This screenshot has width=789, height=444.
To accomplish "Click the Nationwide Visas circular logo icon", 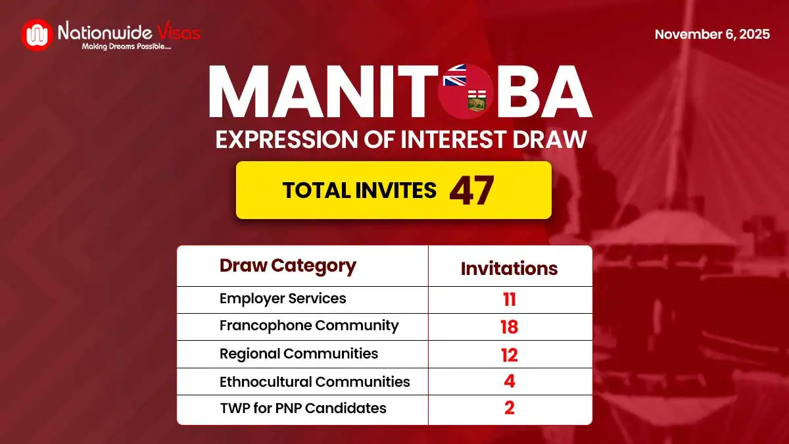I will [x=37, y=34].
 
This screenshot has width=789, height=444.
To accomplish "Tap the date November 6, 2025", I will [x=712, y=35].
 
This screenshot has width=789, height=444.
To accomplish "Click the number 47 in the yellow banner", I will [x=471, y=191].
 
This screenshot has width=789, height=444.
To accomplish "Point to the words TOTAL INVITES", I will [x=359, y=191].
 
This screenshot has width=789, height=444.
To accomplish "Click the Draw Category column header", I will [x=287, y=266].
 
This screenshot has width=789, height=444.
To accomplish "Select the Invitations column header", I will [x=509, y=268].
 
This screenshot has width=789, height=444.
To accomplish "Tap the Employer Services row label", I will [x=283, y=299].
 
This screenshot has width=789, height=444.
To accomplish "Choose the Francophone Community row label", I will [x=309, y=326].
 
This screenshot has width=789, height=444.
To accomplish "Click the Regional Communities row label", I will [x=299, y=353].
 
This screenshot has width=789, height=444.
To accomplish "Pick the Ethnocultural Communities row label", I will [x=314, y=382].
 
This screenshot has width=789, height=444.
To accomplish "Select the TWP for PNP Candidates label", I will [x=302, y=408].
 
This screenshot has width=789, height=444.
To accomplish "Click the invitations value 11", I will [x=509, y=300].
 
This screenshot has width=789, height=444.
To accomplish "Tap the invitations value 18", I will [x=509, y=327].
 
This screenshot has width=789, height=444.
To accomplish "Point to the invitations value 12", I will [x=509, y=355].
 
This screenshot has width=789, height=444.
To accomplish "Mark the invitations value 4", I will [x=509, y=382].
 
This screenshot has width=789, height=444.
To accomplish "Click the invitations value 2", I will [x=509, y=408].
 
